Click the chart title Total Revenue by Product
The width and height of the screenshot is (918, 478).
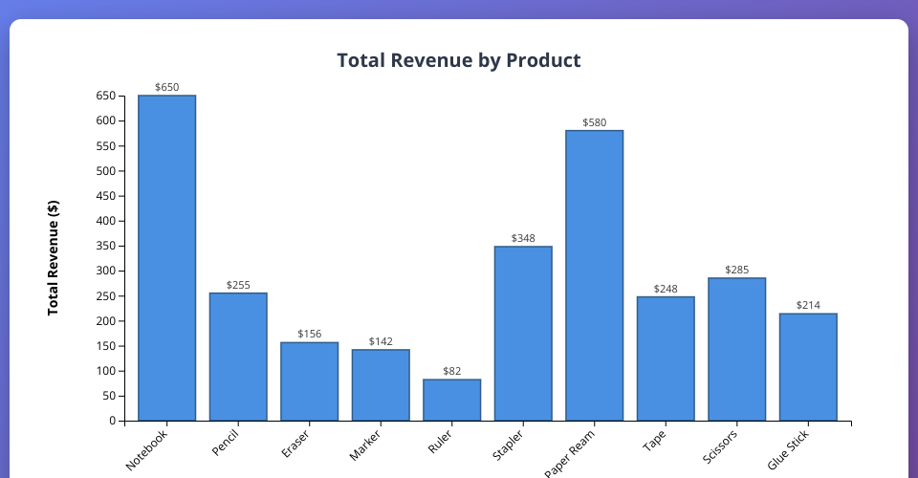[459, 60]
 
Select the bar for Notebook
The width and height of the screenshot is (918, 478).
[166, 258]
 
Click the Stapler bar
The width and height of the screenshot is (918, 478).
[523, 334]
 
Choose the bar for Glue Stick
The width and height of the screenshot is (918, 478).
[808, 367]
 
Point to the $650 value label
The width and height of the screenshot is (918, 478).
[166, 87]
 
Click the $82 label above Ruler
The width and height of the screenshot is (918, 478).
[451, 371]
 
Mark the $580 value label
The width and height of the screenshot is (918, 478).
[594, 122]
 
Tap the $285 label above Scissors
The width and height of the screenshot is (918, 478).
[736, 270]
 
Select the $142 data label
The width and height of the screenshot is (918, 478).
[381, 341]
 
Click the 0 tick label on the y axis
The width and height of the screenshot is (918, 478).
[112, 421]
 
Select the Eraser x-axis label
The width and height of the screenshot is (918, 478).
[295, 444]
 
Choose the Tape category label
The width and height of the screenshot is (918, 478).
[654, 441]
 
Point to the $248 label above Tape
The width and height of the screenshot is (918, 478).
[666, 289]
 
